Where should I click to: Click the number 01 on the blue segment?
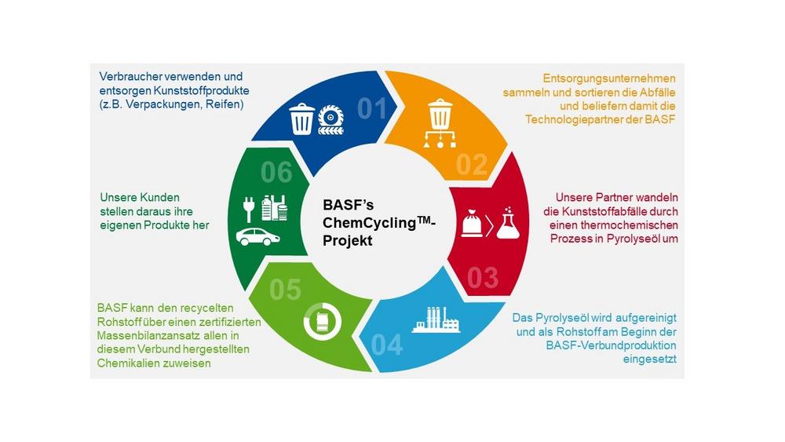(x=372, y=109)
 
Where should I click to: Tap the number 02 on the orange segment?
(x=472, y=165)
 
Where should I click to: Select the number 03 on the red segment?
(x=483, y=278)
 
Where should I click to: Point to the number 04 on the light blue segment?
(x=386, y=345)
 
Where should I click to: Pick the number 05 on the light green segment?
(x=286, y=290)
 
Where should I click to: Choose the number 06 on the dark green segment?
(x=276, y=173)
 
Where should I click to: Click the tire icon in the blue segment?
(x=330, y=119)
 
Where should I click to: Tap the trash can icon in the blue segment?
(x=302, y=119)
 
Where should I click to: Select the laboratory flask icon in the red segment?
(x=508, y=223)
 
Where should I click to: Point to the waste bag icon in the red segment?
(x=472, y=224)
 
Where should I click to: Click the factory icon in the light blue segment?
(x=436, y=320)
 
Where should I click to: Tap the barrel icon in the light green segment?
(x=322, y=321)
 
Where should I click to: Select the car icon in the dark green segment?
(x=257, y=237)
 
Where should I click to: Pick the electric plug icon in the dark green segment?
(x=249, y=210)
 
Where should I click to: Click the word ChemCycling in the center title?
(x=370, y=223)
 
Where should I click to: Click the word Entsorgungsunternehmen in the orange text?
(x=609, y=79)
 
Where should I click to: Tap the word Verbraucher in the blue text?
(x=130, y=77)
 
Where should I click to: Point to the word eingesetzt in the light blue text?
(x=650, y=360)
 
